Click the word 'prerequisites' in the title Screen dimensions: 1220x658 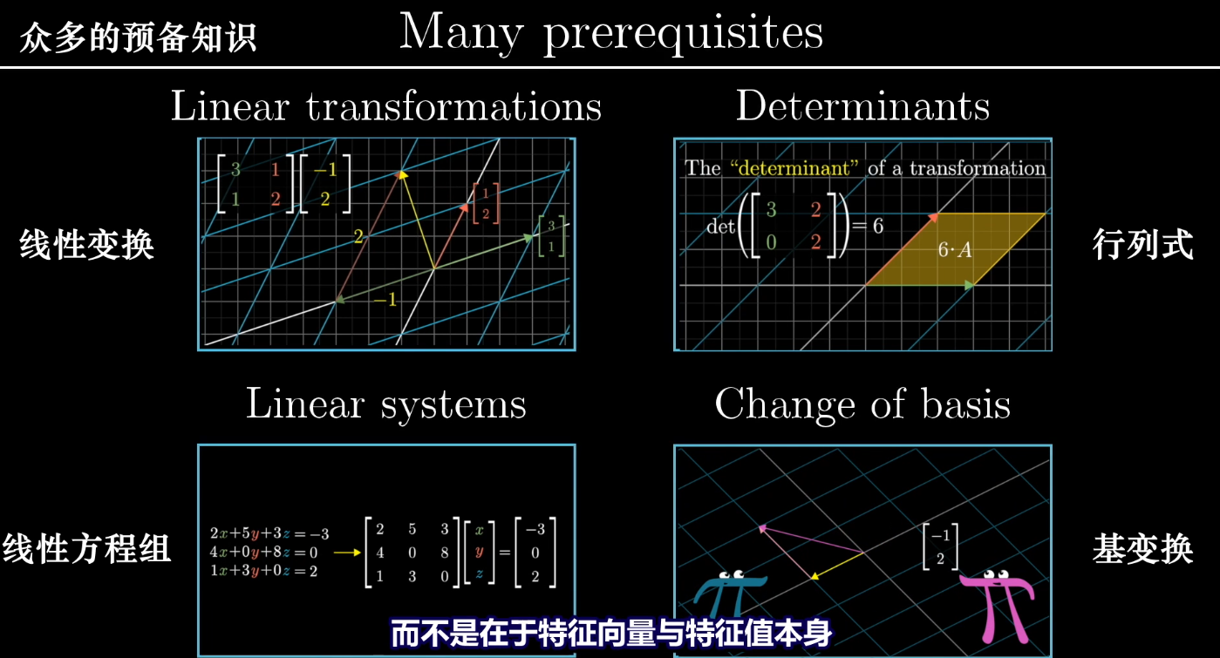pos(684,34)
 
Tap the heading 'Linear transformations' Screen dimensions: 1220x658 pos(386,105)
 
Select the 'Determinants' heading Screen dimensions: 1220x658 pos(862,105)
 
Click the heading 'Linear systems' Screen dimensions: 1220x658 pos(386,404)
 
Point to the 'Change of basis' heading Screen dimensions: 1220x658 pos(862,404)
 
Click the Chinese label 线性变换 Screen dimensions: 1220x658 pos(86,244)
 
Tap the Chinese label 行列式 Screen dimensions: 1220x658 pos(1143,244)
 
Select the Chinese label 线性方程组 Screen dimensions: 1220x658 pos(86,548)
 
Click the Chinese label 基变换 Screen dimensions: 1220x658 pos(1143,548)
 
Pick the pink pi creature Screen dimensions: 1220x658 pos(998,605)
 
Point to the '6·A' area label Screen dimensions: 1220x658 pos(955,250)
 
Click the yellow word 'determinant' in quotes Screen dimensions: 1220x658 pos(794,167)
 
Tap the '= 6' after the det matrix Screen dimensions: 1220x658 pos(869,226)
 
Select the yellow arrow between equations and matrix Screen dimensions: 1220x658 pos(347,553)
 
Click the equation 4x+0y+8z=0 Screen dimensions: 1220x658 pos(263,553)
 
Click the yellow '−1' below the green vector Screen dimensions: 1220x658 pos(385,299)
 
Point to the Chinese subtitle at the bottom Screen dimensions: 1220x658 pos(611,634)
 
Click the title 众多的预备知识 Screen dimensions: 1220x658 pos(138,37)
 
